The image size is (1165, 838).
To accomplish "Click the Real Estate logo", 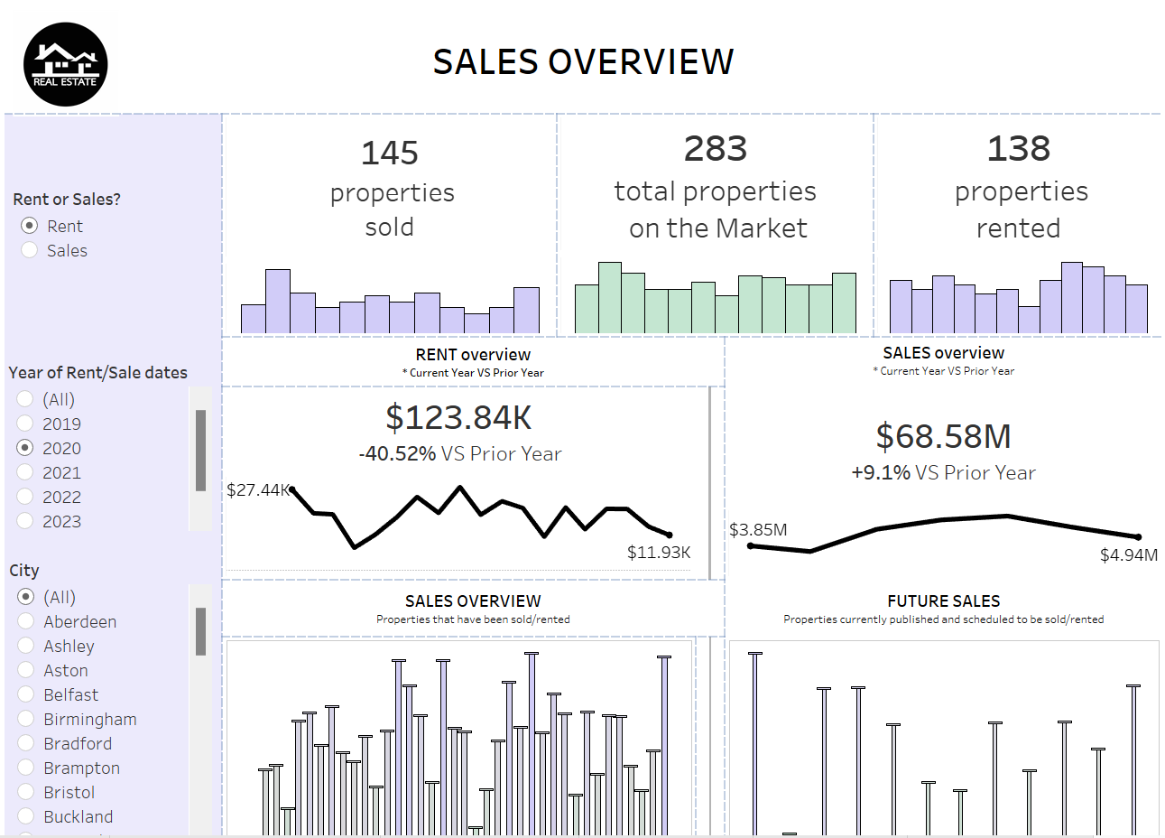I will (65, 64).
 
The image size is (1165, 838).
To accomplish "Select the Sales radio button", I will (30, 250).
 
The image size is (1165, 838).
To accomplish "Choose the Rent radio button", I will (30, 226).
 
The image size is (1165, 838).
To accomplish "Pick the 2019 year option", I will (25, 424).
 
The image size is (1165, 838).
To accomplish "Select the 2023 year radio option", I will (25, 521).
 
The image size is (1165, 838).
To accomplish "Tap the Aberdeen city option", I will (26, 621).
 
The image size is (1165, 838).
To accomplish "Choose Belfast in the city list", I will (26, 694).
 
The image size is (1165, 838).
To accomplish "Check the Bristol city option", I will (26, 792).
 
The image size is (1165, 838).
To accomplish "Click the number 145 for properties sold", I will (389, 153).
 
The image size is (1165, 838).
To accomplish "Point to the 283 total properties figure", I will (715, 149).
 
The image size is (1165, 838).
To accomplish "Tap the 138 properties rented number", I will (1018, 149).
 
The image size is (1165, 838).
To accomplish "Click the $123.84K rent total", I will (458, 417).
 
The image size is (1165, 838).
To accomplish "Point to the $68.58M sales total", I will (943, 436).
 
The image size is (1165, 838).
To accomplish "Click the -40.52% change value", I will (397, 453).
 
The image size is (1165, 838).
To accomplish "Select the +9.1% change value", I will (881, 472).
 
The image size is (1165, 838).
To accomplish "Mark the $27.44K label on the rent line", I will (257, 489).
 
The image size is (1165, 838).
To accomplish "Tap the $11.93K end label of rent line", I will (659, 552).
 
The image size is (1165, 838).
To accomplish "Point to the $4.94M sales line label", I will (1128, 554).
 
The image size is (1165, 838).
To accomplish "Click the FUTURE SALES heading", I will (943, 601).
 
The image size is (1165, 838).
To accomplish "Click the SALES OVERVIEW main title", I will (583, 61).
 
